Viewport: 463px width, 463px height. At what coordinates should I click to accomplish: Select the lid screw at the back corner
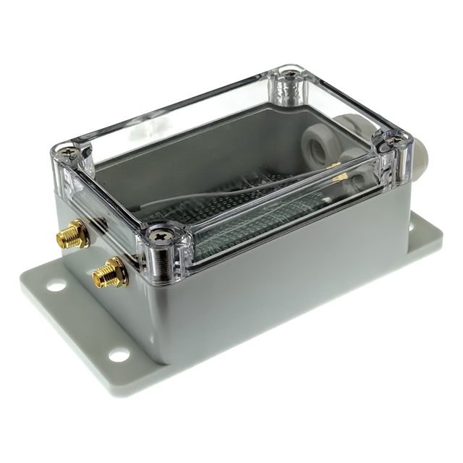pos(290,72)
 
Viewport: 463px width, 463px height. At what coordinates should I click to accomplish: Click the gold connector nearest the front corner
pos(109,272)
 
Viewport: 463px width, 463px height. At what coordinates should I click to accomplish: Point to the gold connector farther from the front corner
pos(72,234)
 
